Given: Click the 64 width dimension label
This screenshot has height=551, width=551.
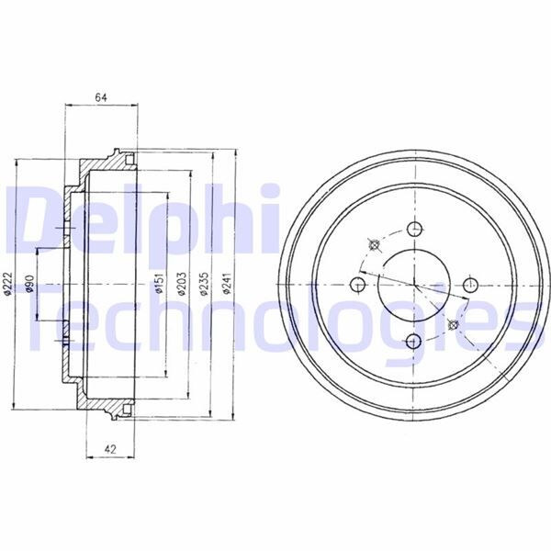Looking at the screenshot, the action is pos(101,97).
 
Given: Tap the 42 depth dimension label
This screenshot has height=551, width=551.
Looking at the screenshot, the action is pos(110,449).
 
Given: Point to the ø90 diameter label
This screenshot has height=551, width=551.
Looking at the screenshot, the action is pos(30,283).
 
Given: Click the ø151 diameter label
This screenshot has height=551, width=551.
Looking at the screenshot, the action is pos(159,283).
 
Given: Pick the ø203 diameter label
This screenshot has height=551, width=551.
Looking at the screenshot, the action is pos(181,283).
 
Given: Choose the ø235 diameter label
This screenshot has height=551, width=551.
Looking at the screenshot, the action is pos(205,283).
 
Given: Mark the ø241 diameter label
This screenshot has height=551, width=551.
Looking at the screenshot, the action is pos(227,283).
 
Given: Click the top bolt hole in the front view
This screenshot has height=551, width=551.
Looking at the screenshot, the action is pos(415,230).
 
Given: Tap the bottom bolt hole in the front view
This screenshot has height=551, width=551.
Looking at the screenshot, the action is pos(413,341).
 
